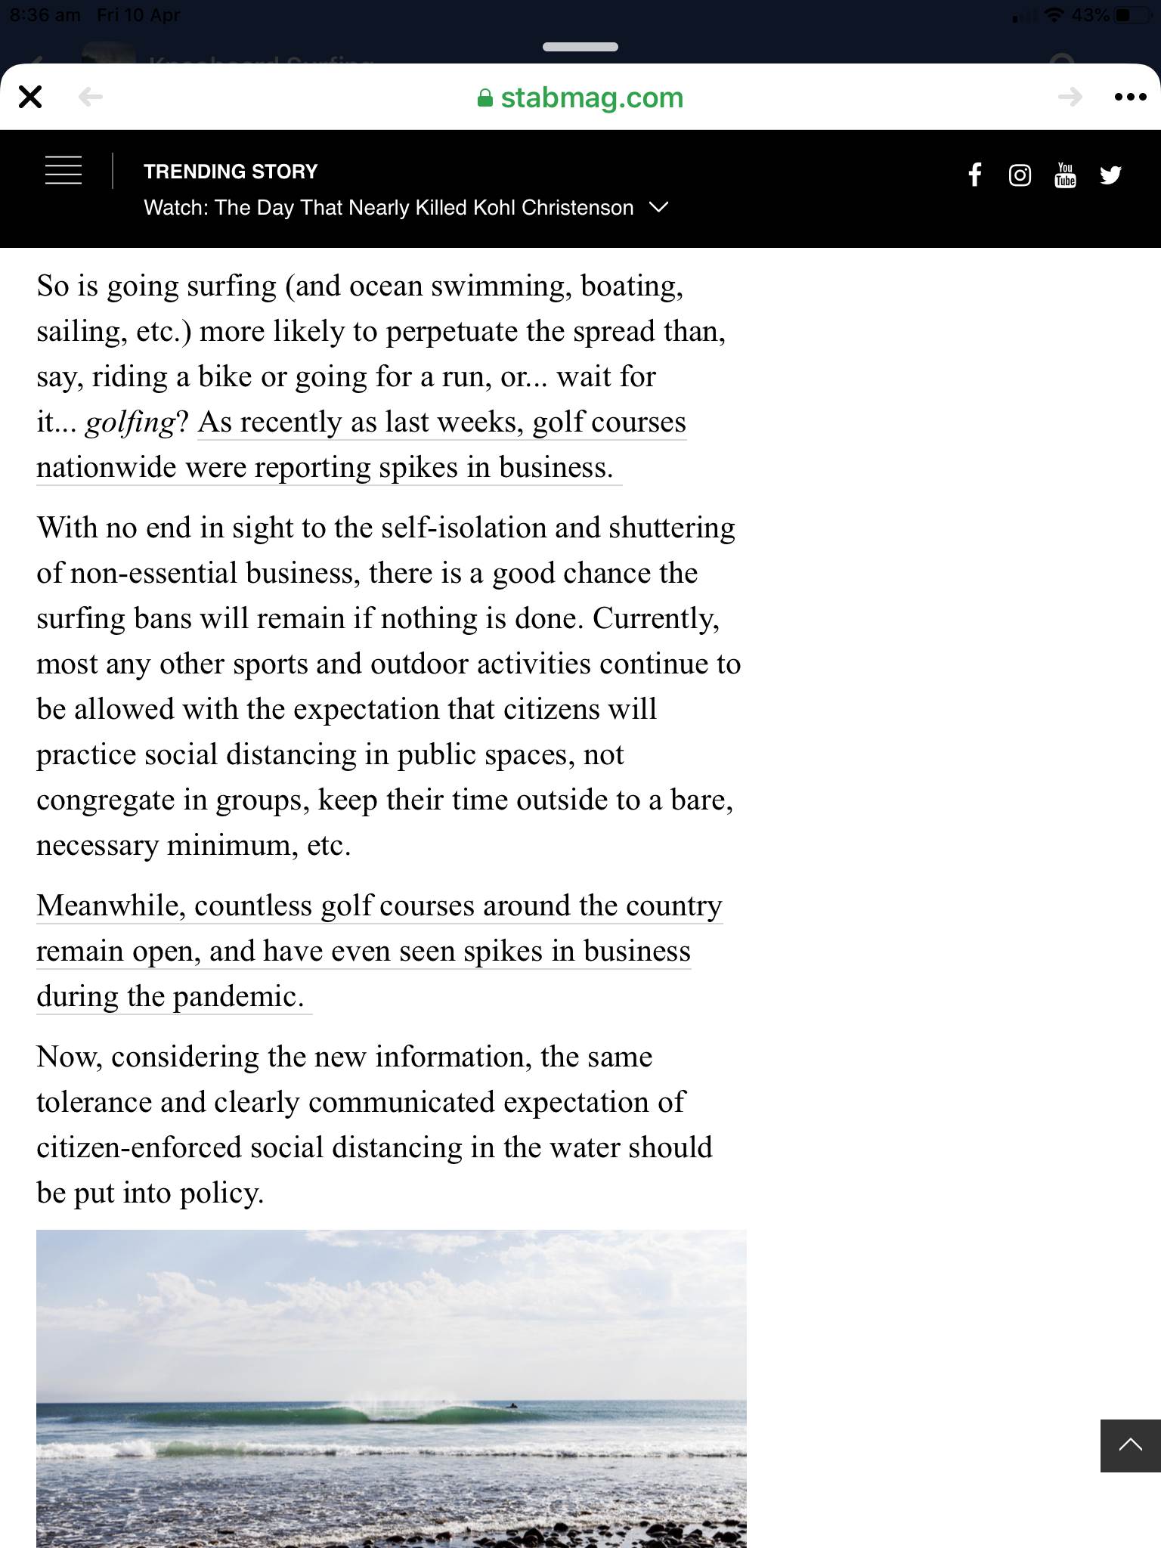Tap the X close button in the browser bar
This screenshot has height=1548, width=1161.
[x=30, y=97]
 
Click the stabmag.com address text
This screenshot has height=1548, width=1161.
[x=592, y=98]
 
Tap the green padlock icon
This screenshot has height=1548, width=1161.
[x=485, y=98]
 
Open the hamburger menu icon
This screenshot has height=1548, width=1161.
[x=63, y=171]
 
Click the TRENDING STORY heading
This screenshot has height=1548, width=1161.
[x=231, y=172]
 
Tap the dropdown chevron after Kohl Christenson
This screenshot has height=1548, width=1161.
[x=658, y=207]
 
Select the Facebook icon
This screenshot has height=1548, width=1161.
[x=975, y=175]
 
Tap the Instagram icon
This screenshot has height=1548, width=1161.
[x=1020, y=175]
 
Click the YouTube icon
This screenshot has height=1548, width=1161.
[x=1065, y=175]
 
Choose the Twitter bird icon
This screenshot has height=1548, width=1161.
[x=1110, y=175]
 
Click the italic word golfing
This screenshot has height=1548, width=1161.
[x=129, y=423]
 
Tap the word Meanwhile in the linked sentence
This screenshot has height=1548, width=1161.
[x=110, y=906]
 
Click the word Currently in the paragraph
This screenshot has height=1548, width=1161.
[x=655, y=618]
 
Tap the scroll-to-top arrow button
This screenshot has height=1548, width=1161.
[x=1130, y=1445]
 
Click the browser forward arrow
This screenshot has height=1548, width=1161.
[x=1070, y=97]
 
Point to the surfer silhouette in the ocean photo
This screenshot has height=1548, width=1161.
[x=513, y=1406]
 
